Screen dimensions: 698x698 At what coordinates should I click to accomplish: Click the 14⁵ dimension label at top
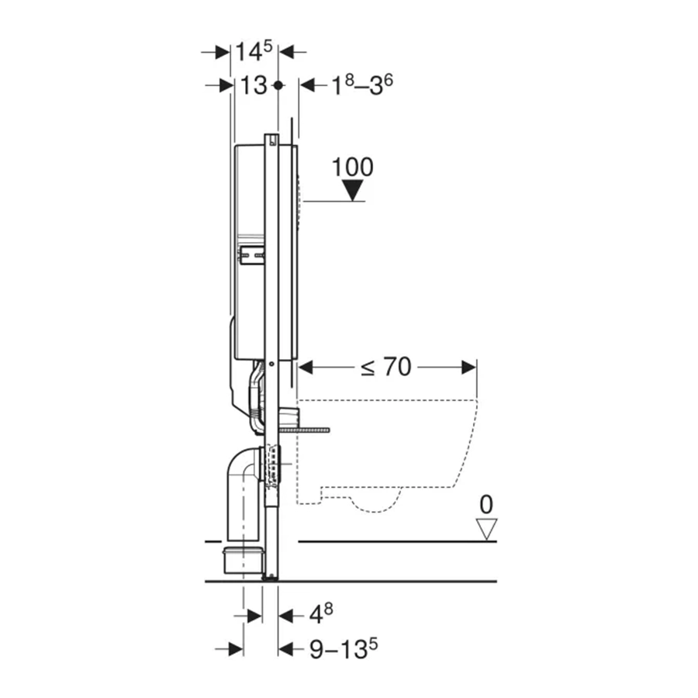coord(254,51)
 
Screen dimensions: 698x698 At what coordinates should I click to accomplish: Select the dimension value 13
coord(254,85)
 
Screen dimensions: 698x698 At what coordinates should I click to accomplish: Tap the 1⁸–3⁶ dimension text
coord(362,85)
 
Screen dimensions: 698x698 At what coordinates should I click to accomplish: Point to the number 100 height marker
coord(353,168)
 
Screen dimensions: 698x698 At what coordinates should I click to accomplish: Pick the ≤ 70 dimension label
coord(385,368)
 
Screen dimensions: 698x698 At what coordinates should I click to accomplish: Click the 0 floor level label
coord(486,505)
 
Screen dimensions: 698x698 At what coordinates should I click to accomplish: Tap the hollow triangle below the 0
coord(486,529)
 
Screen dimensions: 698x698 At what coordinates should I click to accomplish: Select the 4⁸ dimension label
coord(321,615)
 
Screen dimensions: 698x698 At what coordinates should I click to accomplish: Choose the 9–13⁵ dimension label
coord(344,649)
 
